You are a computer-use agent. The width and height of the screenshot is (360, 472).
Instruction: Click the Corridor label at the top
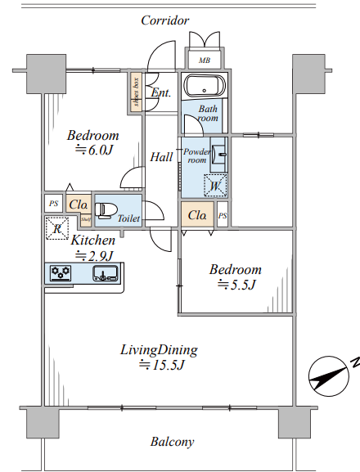(165, 20)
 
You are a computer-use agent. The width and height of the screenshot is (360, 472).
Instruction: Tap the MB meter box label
(205, 61)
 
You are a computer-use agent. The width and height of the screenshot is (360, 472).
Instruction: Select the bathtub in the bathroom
(205, 86)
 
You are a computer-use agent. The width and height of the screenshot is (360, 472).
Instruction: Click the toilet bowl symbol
(106, 210)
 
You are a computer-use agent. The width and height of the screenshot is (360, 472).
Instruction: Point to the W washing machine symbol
(215, 186)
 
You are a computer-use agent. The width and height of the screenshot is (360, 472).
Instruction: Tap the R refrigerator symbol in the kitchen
(57, 228)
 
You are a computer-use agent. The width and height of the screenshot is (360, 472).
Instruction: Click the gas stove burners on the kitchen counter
(61, 273)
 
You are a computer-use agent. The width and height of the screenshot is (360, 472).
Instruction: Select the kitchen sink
(105, 273)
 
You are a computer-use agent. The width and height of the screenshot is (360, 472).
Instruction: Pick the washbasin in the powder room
(218, 155)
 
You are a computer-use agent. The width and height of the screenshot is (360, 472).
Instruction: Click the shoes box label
(137, 92)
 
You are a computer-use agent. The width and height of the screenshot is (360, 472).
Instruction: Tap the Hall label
(162, 157)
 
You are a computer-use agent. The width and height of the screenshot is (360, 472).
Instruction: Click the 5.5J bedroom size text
(237, 284)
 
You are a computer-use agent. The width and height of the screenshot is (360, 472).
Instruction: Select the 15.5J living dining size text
(161, 365)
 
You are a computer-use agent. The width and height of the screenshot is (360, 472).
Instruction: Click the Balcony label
(172, 442)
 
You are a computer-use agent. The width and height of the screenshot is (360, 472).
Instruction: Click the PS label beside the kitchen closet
(53, 204)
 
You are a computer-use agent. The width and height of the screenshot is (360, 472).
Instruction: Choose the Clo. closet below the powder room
(197, 215)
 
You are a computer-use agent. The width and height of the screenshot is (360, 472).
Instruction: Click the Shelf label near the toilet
(86, 219)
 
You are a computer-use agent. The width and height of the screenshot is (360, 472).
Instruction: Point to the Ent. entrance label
(160, 92)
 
